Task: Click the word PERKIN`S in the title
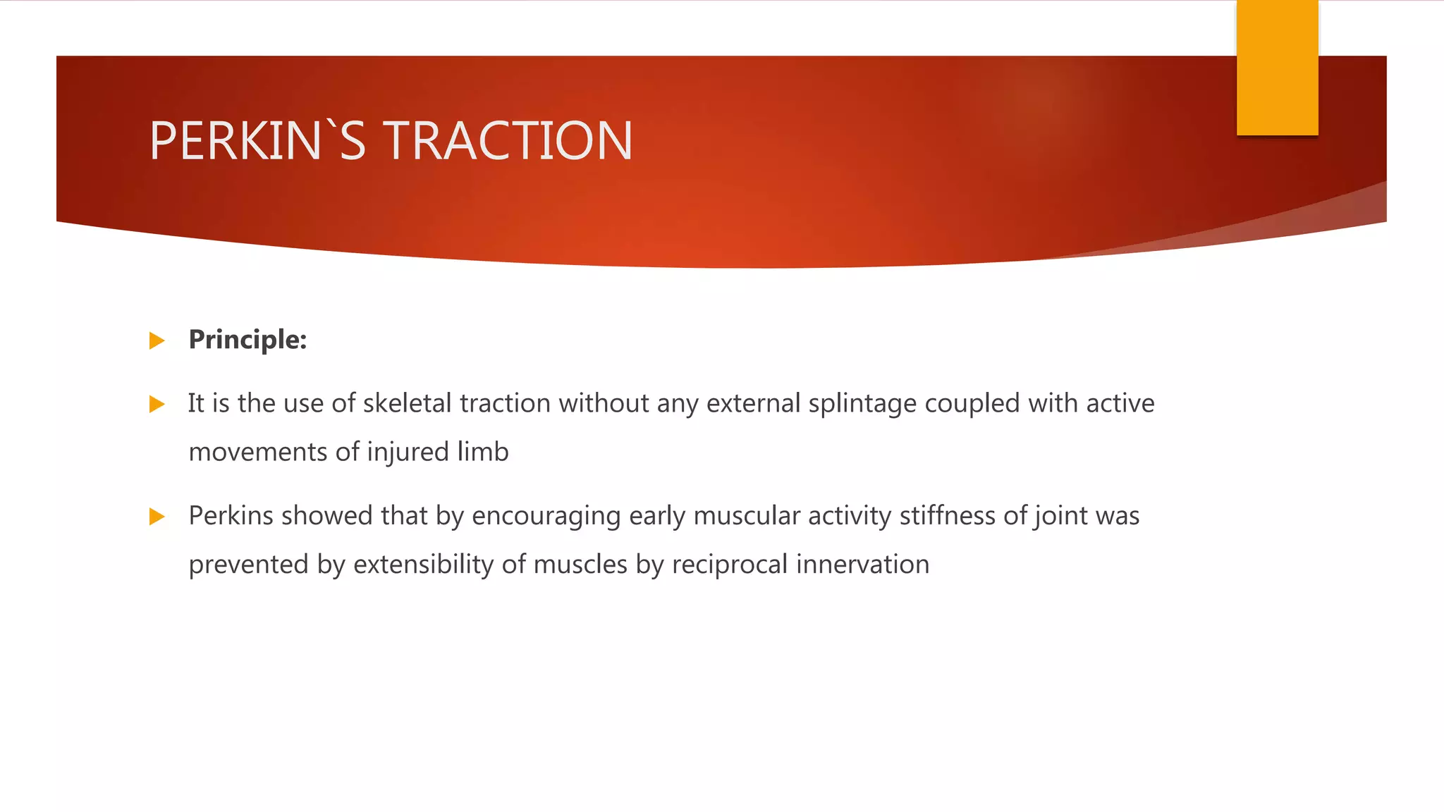pos(257,141)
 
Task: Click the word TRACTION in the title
pos(508,141)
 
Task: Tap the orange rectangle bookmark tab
pos(1277,68)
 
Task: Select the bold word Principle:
pos(247,340)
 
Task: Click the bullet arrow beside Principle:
pos(157,341)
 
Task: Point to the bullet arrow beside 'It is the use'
pos(157,405)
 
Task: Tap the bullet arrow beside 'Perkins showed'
pos(157,517)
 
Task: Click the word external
pos(753,403)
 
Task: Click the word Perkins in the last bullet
pos(231,516)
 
